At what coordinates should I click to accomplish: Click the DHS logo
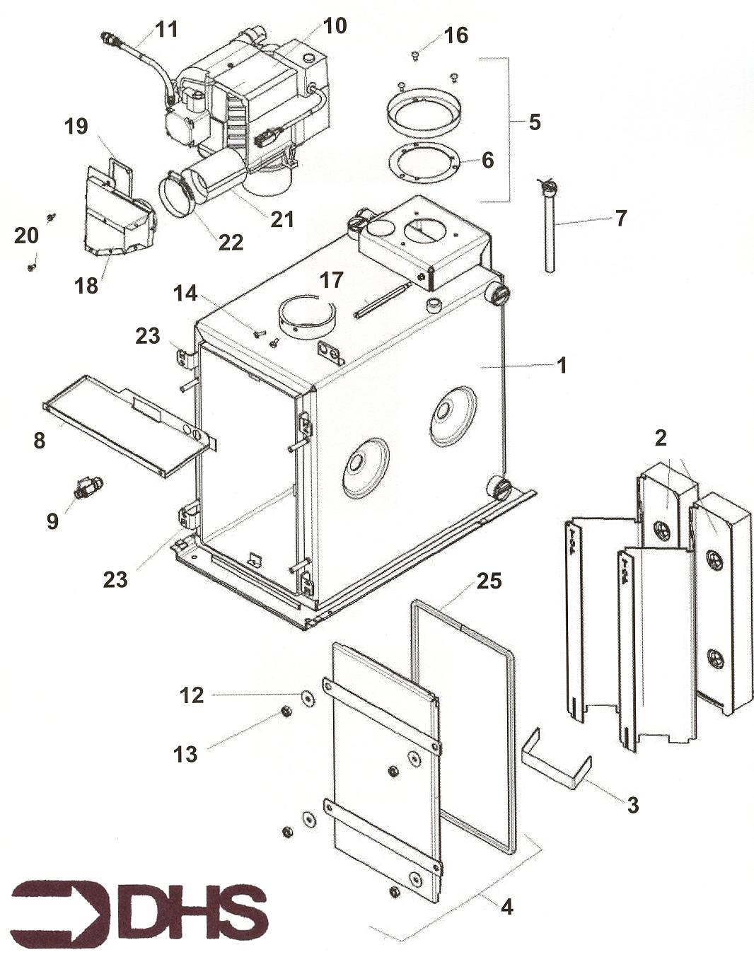pyautogui.click(x=140, y=907)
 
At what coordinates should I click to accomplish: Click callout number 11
pyautogui.click(x=167, y=30)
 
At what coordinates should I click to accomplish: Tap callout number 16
pyautogui.click(x=456, y=35)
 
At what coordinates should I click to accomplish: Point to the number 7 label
pyautogui.click(x=620, y=218)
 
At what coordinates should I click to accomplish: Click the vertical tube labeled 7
pyautogui.click(x=549, y=233)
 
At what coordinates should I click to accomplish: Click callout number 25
pyautogui.click(x=489, y=581)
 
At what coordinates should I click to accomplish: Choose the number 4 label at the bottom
pyautogui.click(x=506, y=905)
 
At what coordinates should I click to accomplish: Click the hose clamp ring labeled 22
pyautogui.click(x=177, y=195)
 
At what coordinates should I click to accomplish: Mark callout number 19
pyautogui.click(x=76, y=127)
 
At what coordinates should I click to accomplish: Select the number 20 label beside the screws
pyautogui.click(x=26, y=235)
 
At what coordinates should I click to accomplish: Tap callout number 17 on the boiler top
pyautogui.click(x=331, y=280)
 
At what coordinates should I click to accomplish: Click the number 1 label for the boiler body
pyautogui.click(x=562, y=366)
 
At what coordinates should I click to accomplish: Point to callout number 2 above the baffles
pyautogui.click(x=660, y=438)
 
